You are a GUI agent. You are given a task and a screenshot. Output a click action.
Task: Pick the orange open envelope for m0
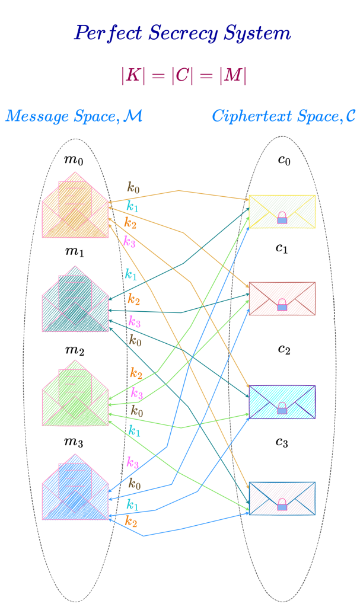click(75, 205)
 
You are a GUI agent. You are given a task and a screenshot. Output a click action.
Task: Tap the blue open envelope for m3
click(75, 488)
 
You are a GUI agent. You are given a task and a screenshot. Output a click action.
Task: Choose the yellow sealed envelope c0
click(282, 212)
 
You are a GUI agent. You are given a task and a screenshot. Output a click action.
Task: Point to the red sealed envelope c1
click(282, 299)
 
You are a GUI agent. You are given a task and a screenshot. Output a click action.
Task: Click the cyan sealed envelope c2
click(282, 402)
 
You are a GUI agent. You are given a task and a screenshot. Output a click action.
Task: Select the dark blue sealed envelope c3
click(282, 498)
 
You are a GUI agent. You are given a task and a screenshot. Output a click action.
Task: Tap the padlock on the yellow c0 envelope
click(282, 218)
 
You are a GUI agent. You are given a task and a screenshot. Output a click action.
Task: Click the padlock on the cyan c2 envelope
click(282, 408)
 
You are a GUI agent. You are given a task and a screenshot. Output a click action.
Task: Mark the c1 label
click(281, 248)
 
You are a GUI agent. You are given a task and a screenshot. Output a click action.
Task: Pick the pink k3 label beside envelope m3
click(133, 462)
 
